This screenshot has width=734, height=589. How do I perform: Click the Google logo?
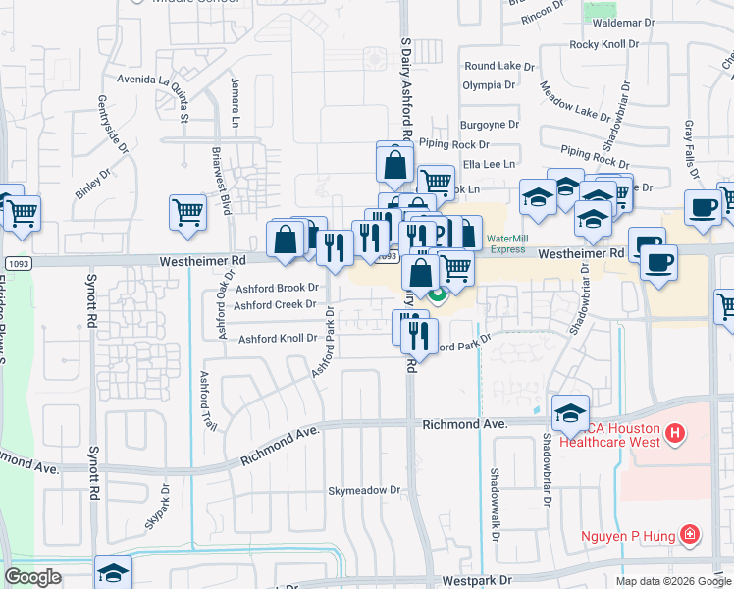33,577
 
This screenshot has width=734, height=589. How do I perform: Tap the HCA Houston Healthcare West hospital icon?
674,432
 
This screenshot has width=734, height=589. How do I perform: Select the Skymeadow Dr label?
365,490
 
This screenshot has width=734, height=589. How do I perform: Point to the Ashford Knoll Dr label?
279,338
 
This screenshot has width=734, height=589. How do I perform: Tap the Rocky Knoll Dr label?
604,45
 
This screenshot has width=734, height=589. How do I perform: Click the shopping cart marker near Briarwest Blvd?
187,211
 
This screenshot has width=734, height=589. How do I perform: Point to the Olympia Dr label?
489,85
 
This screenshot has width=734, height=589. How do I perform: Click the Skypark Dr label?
157,506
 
